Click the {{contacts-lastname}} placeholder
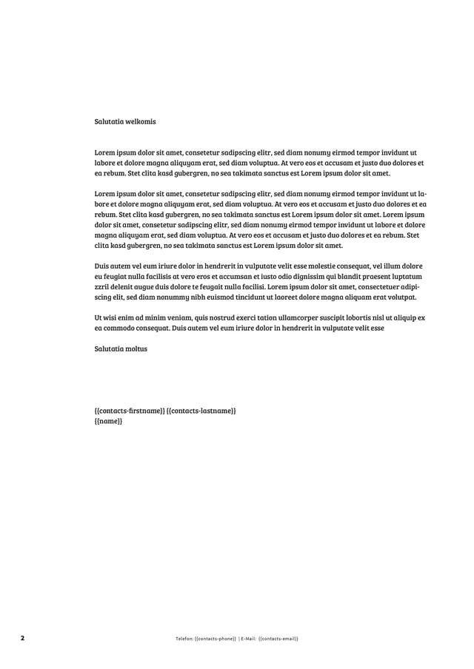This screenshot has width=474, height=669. (201, 410)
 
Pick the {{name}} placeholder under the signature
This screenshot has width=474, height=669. (108, 421)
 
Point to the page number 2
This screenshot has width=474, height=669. (23, 638)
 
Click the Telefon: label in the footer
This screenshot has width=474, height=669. (180, 638)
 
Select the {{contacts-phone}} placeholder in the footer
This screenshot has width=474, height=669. (215, 638)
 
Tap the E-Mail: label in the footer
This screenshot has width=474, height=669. (248, 638)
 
